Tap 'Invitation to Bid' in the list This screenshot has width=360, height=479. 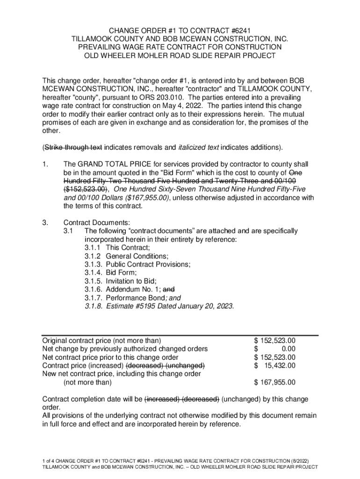pos(131,281)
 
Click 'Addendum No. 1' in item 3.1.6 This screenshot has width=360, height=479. pos(132,290)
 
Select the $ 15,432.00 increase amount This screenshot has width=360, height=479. pos(274,365)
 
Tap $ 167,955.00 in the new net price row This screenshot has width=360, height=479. pos(274,382)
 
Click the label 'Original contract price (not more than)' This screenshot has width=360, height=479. pos(101,341)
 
